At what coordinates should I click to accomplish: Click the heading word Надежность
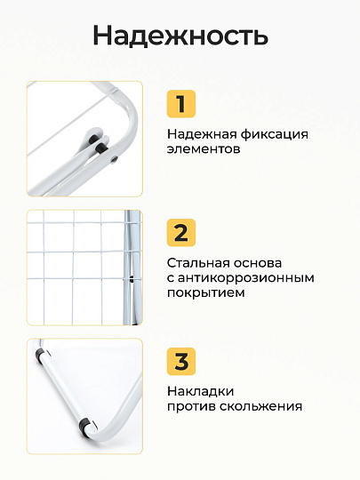[x=180, y=36]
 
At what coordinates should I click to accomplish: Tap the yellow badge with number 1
[x=180, y=103]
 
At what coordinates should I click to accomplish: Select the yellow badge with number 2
[x=180, y=233]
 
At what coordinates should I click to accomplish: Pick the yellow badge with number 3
[x=180, y=362]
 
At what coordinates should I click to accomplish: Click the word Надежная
[x=201, y=134]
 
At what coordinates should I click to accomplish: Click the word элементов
[x=204, y=149]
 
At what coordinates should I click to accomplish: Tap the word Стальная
[x=199, y=263]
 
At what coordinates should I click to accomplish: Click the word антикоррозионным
[x=246, y=277]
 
